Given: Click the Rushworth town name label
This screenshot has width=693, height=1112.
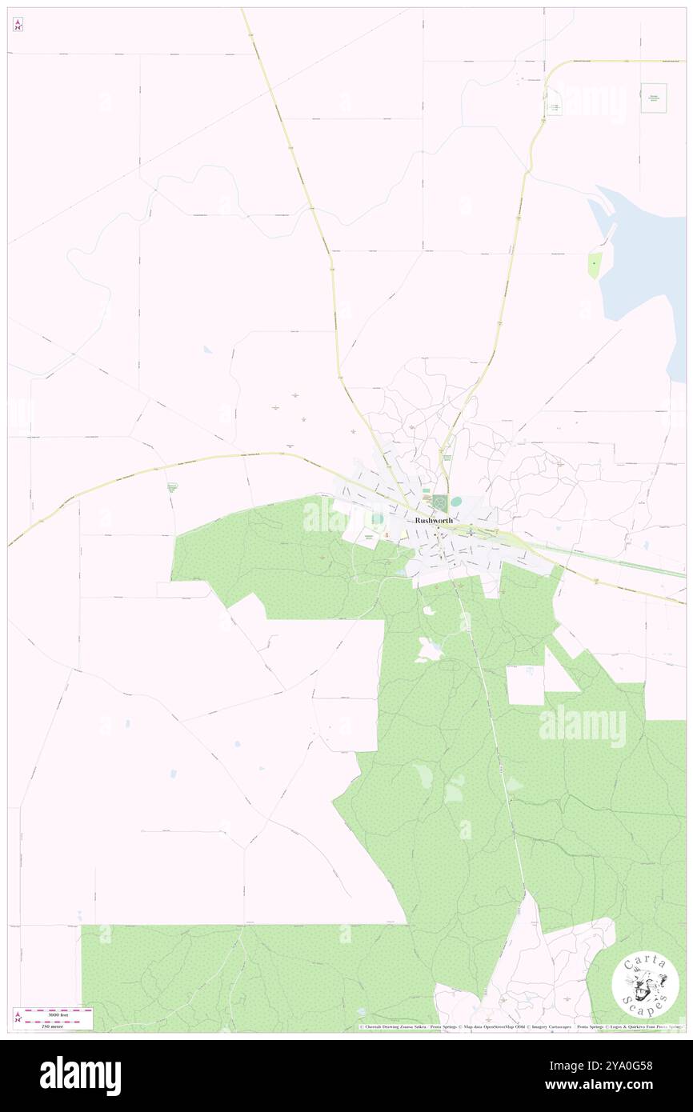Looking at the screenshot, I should click(434, 520).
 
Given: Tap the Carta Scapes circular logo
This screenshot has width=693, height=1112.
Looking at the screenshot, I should click(645, 985).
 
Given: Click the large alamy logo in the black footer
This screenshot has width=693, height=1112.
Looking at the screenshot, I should click(80, 1075).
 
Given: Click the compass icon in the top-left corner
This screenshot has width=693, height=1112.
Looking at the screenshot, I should click(18, 25).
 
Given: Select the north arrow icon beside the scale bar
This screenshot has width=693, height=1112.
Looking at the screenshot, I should click(18, 1018).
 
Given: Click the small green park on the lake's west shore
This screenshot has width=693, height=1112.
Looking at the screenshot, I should click(595, 265).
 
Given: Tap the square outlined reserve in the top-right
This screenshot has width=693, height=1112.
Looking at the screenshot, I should click(653, 98).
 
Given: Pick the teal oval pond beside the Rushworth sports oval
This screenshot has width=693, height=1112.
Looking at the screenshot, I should click(456, 502).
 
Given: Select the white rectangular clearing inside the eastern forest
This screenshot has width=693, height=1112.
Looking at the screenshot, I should click(525, 685).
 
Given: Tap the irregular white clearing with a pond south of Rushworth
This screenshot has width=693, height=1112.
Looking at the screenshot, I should click(428, 650).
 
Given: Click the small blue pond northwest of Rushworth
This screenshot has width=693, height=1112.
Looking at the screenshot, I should click(207, 350).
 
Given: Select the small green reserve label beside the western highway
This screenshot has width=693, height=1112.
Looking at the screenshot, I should click(171, 486).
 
